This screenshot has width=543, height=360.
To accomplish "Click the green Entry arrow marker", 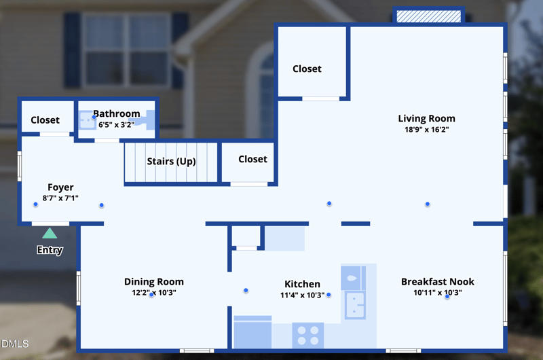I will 50,234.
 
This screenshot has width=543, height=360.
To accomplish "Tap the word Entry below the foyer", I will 50,250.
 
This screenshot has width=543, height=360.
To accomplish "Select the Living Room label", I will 426,119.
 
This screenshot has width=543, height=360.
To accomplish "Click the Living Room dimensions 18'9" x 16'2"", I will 426,129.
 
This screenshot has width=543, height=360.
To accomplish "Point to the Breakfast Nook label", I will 437,282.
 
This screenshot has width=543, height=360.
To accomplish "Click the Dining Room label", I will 153,282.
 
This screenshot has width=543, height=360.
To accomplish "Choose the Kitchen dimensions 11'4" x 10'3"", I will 301,295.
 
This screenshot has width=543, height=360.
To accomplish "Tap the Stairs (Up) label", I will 171,162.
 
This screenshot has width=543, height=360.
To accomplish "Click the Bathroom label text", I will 117,114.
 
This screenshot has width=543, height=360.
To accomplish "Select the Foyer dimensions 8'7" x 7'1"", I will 60,198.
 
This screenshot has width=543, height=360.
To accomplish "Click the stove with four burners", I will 307,334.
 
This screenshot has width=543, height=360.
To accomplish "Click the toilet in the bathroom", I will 142,121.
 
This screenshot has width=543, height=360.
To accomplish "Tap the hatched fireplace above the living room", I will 428,16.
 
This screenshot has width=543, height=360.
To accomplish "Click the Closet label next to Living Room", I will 307,69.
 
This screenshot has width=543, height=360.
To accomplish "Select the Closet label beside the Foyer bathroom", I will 45,120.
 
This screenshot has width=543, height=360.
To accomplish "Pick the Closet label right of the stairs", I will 252,159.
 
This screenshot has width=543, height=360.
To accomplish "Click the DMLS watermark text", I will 15,344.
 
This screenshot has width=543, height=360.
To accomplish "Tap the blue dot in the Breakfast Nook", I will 447,297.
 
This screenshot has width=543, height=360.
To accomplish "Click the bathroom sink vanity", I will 86,121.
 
